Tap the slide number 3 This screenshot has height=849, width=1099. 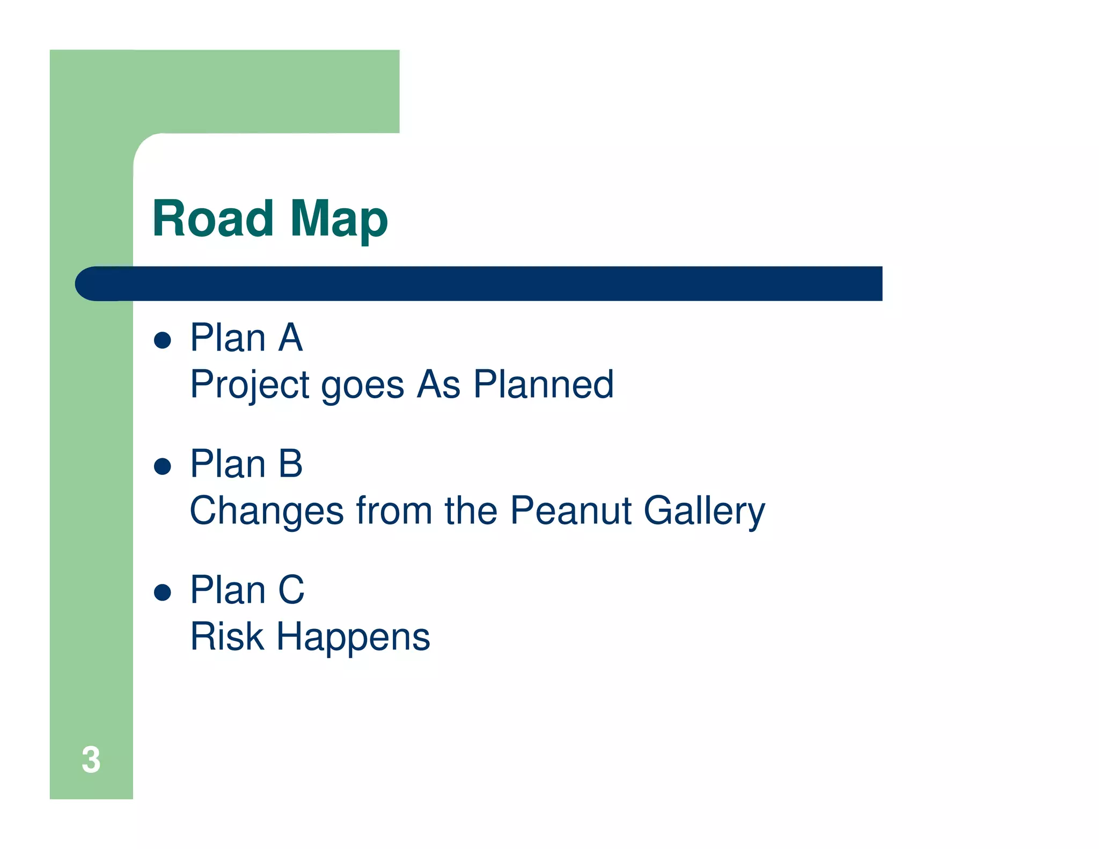91,760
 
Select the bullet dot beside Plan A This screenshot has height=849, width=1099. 162,340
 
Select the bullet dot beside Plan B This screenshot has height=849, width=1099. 162,466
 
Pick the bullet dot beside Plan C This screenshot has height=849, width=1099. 162,592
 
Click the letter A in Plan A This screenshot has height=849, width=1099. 290,338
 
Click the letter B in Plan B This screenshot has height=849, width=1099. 290,464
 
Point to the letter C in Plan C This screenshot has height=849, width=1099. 291,590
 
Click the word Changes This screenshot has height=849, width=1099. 267,511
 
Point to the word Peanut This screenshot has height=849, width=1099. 570,510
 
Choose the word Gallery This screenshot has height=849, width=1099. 704,511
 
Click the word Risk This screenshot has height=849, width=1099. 227,636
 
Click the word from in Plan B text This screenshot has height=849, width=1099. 394,510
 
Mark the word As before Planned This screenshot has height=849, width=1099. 439,385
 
